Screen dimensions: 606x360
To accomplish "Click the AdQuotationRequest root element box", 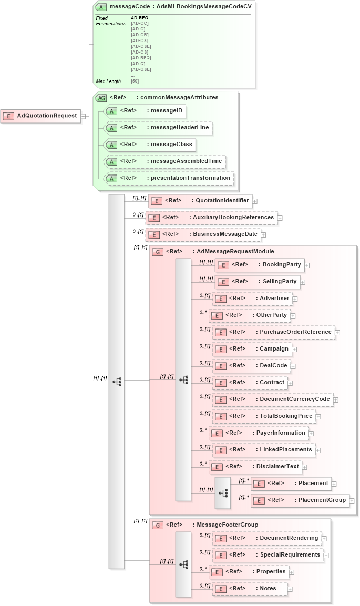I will [40, 116].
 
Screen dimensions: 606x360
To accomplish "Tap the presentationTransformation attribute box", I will [169, 178].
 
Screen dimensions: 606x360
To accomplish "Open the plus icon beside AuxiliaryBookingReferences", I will [280, 218].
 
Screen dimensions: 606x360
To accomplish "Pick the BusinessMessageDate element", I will [203, 234].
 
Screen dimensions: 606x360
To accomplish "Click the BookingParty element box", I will [260, 265].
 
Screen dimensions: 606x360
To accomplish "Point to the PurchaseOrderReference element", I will [273, 332].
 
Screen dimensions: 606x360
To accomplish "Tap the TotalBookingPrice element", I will [264, 416].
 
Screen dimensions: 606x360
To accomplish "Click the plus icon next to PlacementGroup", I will [352, 501].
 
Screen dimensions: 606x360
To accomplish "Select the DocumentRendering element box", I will [267, 538].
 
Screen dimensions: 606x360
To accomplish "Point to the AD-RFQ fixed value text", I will [139, 18].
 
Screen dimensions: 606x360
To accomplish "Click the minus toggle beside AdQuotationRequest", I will [83, 116].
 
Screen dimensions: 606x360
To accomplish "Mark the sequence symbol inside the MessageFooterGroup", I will [183, 564].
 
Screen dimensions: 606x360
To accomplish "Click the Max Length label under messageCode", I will [108, 81].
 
